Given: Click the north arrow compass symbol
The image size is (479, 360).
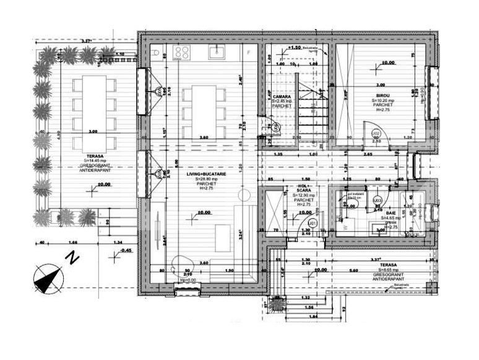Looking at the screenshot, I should click(x=47, y=277).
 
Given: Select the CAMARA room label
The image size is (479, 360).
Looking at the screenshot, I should click(x=282, y=96).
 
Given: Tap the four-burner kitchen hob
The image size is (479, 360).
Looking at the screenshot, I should click(x=182, y=51).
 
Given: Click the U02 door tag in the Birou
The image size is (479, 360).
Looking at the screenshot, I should click(x=375, y=134).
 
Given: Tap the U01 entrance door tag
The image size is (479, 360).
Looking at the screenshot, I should click(x=313, y=223).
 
